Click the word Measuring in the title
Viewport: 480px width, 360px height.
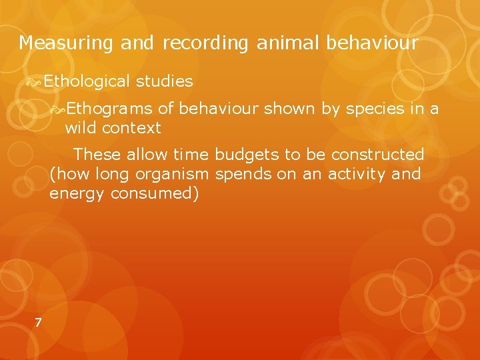coord(67,44)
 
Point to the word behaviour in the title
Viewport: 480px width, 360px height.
coord(372,43)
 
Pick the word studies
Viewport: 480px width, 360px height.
coord(164,81)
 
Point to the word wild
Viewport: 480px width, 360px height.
coord(81,127)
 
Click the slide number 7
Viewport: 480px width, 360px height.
coord(38,323)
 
